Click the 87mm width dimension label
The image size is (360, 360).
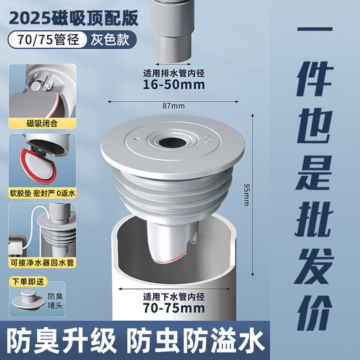click(x=173, y=106)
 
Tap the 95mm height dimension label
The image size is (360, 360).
click(x=246, y=194)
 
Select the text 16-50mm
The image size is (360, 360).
click(x=174, y=84)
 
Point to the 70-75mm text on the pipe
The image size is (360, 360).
click(x=174, y=308)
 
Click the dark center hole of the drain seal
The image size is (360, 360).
click(x=172, y=142)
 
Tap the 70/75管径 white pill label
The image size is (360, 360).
click(x=48, y=39)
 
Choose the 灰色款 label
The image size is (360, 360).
click(x=110, y=39)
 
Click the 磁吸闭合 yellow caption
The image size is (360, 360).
click(x=42, y=123)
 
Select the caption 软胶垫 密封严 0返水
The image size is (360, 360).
click(x=42, y=193)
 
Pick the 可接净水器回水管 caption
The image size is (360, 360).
click(x=42, y=262)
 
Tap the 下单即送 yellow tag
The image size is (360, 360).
click(x=28, y=281)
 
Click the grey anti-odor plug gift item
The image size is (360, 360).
click(x=28, y=300)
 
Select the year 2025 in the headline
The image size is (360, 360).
click(x=30, y=18)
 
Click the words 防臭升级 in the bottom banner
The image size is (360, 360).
click(x=61, y=340)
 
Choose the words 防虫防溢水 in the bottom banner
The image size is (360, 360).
click(x=195, y=340)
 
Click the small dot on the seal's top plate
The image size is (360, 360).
click(x=135, y=138)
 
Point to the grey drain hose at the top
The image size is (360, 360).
click(x=171, y=31)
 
